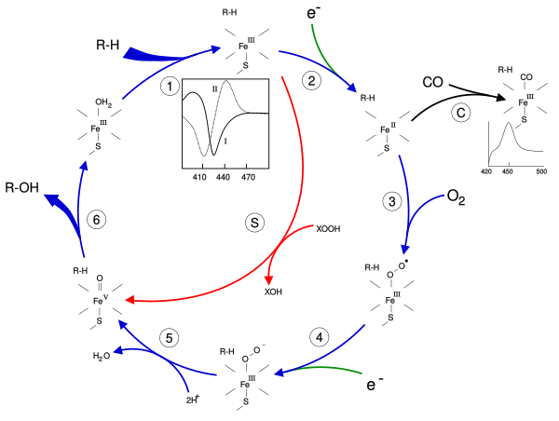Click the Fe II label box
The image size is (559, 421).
point(387,127)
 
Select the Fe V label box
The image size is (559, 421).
point(100,299)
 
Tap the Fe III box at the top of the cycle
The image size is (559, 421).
point(246,44)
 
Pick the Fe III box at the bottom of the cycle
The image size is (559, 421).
point(247,380)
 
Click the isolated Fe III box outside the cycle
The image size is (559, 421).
point(525,99)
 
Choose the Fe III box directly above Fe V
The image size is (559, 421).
point(99,125)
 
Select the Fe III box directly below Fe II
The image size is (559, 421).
point(391,296)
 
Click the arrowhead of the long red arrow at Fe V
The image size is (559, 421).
point(130,300)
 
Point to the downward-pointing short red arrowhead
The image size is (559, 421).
point(268,279)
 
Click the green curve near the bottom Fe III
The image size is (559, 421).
point(326,369)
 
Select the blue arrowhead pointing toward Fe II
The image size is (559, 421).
point(351,88)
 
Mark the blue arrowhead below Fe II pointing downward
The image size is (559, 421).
point(404,249)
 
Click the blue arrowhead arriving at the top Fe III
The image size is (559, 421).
point(215,48)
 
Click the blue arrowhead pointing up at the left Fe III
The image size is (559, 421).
point(84,166)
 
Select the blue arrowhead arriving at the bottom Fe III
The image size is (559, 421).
point(279,373)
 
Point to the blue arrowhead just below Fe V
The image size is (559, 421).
point(122,323)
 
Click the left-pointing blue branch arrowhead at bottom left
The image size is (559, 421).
point(117,350)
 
